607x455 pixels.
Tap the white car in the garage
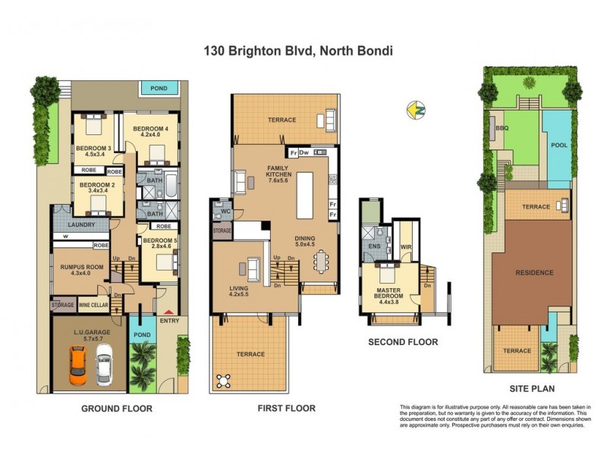pyautogui.click(x=105, y=366)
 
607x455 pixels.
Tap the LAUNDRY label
pyautogui.click(x=80, y=225)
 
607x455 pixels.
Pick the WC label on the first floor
pyautogui.click(x=221, y=212)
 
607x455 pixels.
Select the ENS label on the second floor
pyautogui.click(x=373, y=246)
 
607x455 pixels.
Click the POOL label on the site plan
pyautogui.click(x=558, y=144)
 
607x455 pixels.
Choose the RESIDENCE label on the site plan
pyautogui.click(x=535, y=272)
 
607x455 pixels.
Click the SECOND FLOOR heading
pyautogui.click(x=403, y=342)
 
